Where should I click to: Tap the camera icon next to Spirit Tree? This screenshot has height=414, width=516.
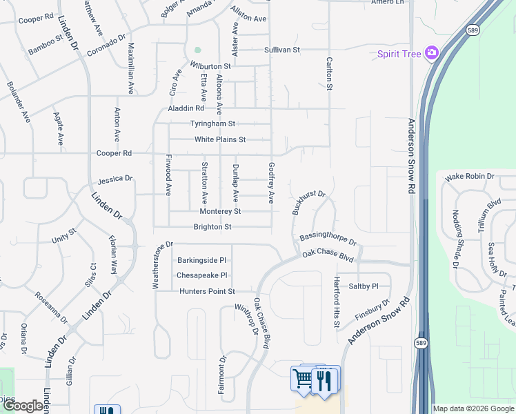click(433, 52)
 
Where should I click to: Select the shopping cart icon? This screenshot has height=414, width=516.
click(303, 378)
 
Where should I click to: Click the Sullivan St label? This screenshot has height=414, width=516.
click(282, 50)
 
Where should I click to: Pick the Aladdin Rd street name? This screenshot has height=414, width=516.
click(186, 108)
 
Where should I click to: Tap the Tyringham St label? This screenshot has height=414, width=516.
click(213, 124)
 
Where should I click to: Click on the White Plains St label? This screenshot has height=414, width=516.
click(220, 139)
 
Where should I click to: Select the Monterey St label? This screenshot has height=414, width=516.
click(220, 211)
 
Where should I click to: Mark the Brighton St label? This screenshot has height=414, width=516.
click(212, 226)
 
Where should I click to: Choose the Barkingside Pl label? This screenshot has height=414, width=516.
click(201, 260)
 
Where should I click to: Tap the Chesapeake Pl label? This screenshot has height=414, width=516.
click(201, 275)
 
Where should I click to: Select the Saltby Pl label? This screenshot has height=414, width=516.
click(364, 286)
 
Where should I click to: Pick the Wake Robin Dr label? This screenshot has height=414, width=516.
click(470, 177)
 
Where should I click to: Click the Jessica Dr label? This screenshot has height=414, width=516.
click(115, 179)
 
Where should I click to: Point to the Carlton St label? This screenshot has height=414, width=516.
click(329, 73)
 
